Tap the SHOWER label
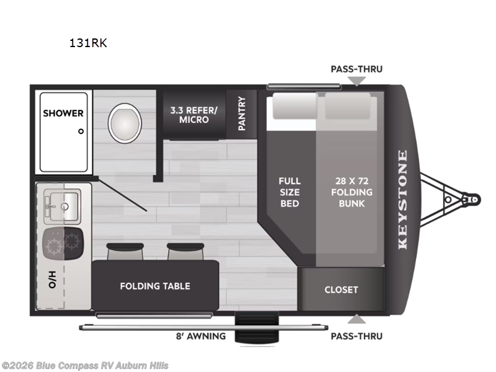[x=63, y=113]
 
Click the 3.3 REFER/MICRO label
[x=193, y=115]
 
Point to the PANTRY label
[x=242, y=113]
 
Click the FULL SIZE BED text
[x=289, y=192]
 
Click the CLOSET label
[x=341, y=290]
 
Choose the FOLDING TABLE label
[x=155, y=286]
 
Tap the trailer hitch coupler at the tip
[x=472, y=200]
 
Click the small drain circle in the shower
[x=81, y=131]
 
